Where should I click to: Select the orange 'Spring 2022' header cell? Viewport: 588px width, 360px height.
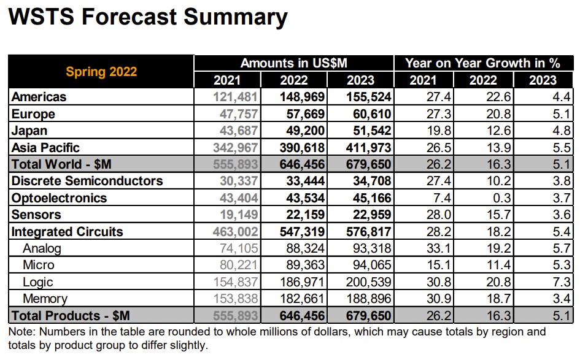click(101, 71)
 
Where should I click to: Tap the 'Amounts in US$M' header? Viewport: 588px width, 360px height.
click(293, 63)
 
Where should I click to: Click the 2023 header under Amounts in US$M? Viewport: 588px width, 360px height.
click(360, 80)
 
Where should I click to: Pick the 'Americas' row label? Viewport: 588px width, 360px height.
click(39, 97)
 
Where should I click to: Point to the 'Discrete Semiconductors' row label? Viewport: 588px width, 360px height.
click(87, 181)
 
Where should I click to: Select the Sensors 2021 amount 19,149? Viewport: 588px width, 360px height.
click(236, 215)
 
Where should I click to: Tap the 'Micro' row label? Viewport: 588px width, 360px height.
click(38, 265)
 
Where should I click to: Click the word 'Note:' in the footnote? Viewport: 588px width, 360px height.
click(21, 332)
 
